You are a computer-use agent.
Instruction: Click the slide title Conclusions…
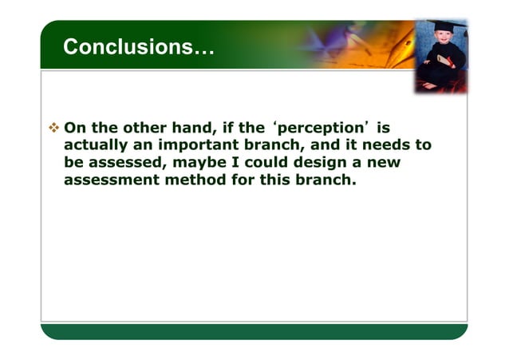tap(138, 47)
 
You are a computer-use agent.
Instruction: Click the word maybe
tap(191, 162)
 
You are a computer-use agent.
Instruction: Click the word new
tap(381, 162)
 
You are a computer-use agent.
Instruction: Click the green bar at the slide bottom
tap(254, 331)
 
